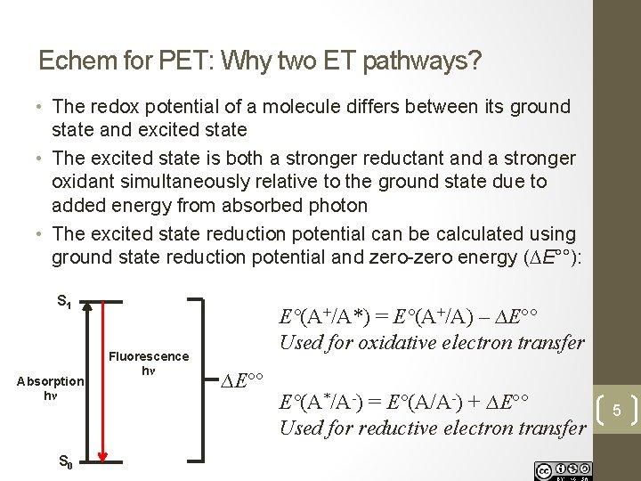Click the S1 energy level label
coord(63,302)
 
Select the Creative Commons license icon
coord(562,469)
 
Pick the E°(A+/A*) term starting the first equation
coord(326,318)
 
